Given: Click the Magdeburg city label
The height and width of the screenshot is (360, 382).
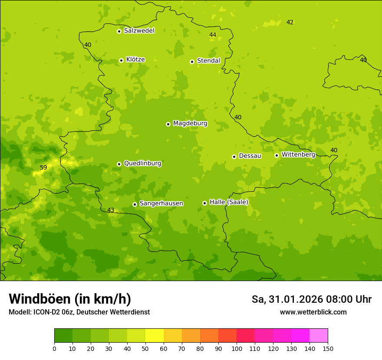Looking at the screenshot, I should coord(190,124).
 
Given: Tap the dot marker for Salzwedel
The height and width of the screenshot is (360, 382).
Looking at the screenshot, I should coord(119,31).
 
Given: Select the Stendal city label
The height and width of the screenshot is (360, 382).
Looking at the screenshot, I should coord(208,61).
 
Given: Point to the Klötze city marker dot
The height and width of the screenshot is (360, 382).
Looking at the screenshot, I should coord(121,61).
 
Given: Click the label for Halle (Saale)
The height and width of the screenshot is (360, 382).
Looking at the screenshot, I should coord(229,202).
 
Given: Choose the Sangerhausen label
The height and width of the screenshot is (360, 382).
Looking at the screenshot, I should coord(161,203).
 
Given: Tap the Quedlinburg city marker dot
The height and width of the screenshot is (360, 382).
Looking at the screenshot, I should coord(119,164).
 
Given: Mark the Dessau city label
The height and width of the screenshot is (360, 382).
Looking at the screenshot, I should coord(250,156).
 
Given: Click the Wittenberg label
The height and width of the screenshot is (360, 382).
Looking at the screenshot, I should coord(298,154).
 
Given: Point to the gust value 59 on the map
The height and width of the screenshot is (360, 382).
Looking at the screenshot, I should coord(43,167).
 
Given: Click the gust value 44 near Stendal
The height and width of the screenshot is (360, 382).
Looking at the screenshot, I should coord(213,35).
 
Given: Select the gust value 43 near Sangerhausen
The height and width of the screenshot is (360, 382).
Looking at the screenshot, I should coord(111,210).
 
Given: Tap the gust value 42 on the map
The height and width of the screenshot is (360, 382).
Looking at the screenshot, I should coord(290,22).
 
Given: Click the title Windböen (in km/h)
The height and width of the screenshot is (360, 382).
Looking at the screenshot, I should coord(70,299).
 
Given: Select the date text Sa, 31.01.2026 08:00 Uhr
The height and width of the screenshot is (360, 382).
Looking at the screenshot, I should coord(312,299).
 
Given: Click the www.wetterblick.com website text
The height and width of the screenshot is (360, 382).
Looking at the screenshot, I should coord(313,312).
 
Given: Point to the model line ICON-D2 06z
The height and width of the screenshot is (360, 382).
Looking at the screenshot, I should coord(79,312).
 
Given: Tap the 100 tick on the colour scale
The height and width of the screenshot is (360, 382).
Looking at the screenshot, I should coord(237,349).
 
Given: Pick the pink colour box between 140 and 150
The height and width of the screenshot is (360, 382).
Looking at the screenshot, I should coord(319,336).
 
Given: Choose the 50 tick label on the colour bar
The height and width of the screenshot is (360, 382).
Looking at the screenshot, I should coord(145,349).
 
